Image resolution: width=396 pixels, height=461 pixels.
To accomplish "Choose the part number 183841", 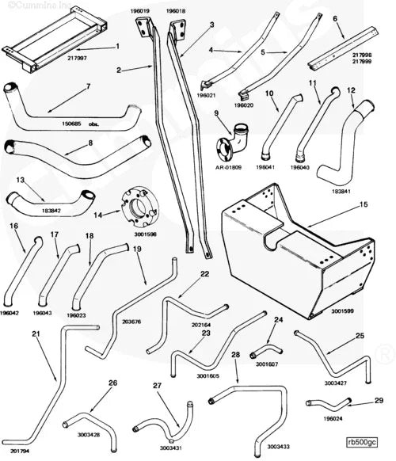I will click(x=342, y=192).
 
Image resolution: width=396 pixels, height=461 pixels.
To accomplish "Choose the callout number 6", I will click(x=335, y=17).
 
